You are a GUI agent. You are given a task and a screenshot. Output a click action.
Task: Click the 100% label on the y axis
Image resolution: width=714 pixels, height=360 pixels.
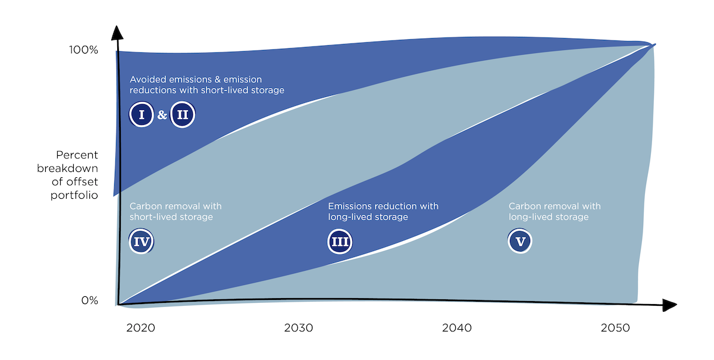coord(83,50)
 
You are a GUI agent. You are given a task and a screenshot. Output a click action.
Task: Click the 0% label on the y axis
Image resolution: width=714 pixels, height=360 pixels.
coord(89,300)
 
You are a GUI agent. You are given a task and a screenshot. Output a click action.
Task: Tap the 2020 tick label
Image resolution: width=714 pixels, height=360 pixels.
coord(140,328)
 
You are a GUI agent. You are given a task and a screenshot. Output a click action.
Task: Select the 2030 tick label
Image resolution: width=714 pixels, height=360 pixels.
coord(299,328)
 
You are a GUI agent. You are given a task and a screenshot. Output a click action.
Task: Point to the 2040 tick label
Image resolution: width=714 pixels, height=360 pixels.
coord(457,328)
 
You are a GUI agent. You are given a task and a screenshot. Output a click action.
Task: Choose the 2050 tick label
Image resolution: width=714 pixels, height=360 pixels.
coord(615,328)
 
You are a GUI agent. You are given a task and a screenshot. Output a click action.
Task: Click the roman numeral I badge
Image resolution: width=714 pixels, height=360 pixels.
coord(142,115)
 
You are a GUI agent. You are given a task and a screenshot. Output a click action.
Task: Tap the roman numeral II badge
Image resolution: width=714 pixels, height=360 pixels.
coord(183,115)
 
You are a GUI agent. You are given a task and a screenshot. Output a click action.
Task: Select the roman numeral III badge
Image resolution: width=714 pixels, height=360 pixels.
coord(340,242)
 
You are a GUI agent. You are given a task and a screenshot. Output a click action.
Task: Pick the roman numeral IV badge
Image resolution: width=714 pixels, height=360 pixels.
coord(142,242)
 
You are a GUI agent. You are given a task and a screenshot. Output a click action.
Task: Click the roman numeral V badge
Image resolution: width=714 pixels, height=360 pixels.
coord(521,242)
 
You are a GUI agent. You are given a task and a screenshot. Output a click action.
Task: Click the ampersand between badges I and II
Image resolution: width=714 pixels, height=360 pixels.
coord(162,115)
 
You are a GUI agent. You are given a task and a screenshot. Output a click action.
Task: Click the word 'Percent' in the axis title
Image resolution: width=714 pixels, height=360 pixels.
coord(76,156)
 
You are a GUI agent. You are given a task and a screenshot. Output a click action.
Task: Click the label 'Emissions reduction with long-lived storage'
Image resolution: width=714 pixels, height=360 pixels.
coord(383,212)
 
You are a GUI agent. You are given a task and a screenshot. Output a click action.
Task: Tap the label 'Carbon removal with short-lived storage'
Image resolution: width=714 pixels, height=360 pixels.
coord(176,212)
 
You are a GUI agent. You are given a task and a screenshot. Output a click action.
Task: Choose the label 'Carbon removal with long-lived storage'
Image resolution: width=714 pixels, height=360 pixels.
coord(555,212)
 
